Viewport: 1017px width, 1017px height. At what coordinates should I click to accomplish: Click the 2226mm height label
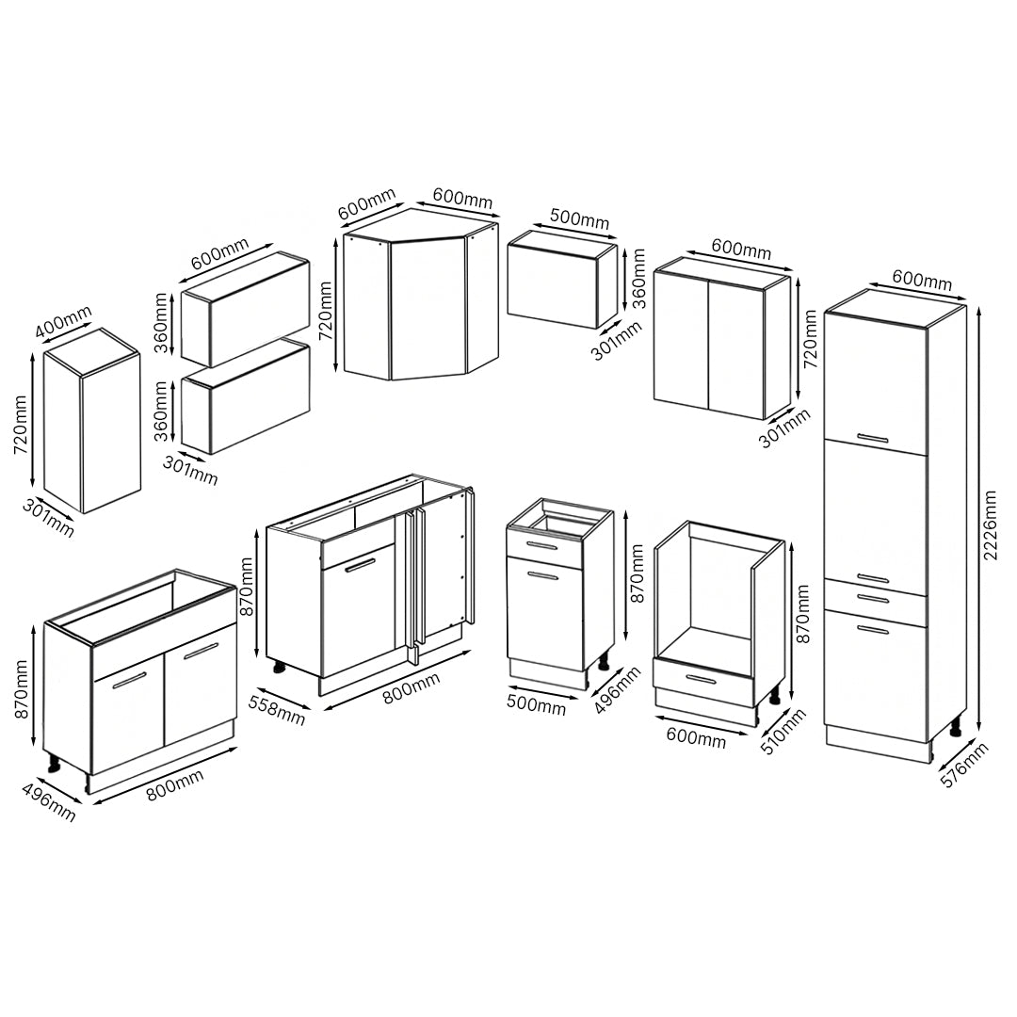tap(990, 526)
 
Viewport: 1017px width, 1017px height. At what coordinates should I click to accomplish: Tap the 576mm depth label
tap(964, 765)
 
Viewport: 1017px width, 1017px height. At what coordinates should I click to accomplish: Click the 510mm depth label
tap(783, 732)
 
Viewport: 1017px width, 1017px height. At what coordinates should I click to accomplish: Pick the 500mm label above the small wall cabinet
tap(579, 218)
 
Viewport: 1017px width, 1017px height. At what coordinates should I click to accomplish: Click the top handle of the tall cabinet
tap(872, 438)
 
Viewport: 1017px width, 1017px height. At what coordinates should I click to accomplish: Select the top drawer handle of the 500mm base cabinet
tap(541, 545)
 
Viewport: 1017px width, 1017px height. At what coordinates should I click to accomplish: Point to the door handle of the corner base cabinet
tap(360, 566)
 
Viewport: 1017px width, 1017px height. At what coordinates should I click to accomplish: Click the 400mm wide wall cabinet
tap(91, 421)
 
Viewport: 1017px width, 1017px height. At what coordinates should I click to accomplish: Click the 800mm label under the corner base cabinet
tap(411, 687)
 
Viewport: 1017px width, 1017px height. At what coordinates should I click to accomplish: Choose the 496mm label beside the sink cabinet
tap(49, 801)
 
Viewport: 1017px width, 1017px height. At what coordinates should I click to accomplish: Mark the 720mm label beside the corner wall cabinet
tap(325, 311)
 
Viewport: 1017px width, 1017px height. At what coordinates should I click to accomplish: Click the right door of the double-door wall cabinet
tap(736, 349)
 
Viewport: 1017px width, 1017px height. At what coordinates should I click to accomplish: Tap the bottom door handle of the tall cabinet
tap(872, 629)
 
